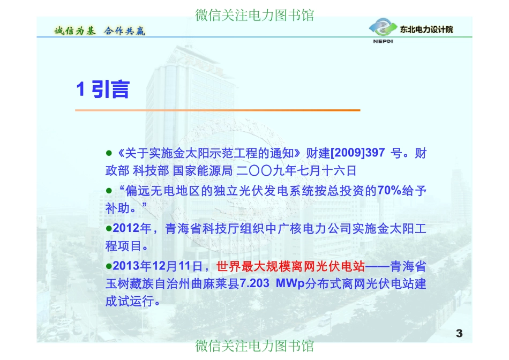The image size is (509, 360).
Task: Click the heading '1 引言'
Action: tap(103, 89)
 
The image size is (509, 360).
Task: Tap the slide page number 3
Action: tap(459, 334)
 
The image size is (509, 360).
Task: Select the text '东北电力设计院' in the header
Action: tap(426, 29)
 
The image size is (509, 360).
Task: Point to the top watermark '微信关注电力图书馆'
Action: tap(254, 14)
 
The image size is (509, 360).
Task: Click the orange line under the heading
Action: tap(218, 110)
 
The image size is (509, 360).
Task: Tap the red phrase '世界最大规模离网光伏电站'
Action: tap(290, 266)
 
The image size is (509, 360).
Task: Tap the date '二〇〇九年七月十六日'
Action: tap(296, 171)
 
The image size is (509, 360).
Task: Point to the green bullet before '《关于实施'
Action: tap(108, 153)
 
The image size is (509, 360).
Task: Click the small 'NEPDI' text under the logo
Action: tap(383, 41)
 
